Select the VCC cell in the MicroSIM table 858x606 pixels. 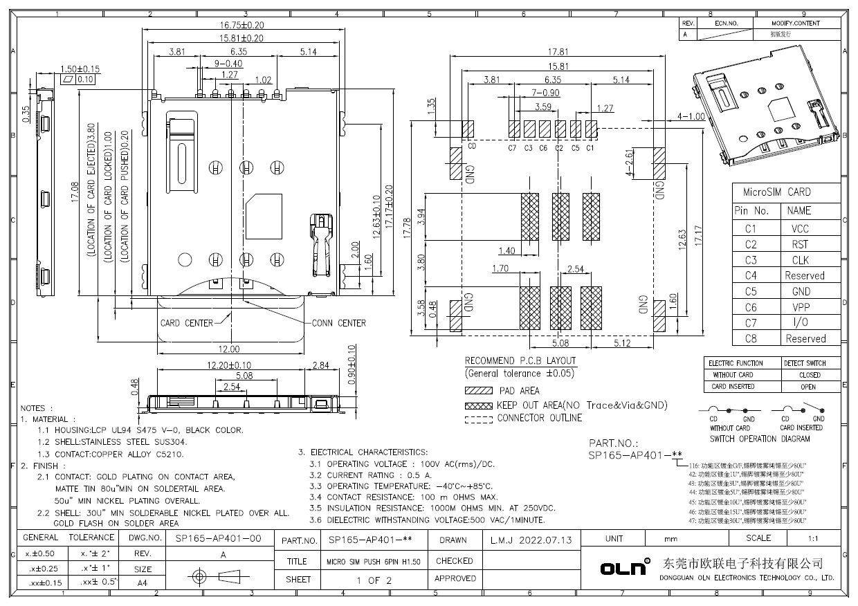click(x=799, y=228)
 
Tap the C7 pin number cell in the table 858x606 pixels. click(x=751, y=323)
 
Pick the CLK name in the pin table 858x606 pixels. click(x=799, y=260)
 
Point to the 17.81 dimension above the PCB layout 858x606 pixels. click(x=558, y=52)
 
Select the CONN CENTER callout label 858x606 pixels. click(x=339, y=323)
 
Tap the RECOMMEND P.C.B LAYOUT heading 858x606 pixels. click(x=520, y=360)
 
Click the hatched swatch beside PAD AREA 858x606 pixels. click(x=478, y=391)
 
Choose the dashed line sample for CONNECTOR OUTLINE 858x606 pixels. click(x=478, y=419)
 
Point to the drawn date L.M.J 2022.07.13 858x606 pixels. click(x=531, y=540)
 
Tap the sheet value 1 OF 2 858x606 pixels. click(x=374, y=580)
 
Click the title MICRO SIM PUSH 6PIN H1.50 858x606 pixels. click(x=374, y=561)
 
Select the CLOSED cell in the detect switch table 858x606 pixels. click(x=809, y=375)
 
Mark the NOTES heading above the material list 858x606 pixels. click(x=37, y=408)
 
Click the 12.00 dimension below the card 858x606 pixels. click(x=229, y=349)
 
